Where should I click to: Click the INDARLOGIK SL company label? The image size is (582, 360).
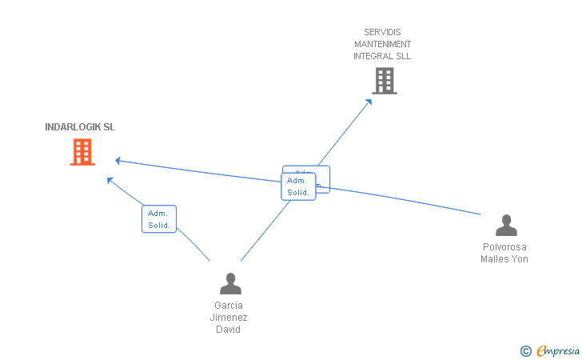[x=80, y=127]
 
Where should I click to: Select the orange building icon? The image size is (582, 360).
[x=82, y=152]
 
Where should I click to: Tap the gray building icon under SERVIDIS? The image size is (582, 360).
[x=384, y=81]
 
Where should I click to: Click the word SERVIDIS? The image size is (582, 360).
[x=382, y=32]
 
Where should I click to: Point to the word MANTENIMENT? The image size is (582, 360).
[x=383, y=44]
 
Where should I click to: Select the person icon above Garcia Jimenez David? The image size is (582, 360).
[x=230, y=284]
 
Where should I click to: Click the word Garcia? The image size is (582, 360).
[x=229, y=305]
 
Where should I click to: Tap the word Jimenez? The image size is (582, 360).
[x=229, y=318]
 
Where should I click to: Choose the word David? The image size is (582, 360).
[x=229, y=330]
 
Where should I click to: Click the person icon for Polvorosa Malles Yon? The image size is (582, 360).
[x=505, y=226]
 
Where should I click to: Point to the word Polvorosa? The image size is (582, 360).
[x=504, y=247]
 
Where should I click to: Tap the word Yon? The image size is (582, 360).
[x=520, y=259]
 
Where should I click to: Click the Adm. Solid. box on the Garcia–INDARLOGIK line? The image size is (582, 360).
[x=159, y=219]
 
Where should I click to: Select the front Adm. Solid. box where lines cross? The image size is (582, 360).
[x=298, y=186]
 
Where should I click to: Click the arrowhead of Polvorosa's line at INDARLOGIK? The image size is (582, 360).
[x=118, y=160]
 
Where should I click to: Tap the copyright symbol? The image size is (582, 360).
[x=525, y=350]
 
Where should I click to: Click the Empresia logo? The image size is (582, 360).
[x=558, y=350]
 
